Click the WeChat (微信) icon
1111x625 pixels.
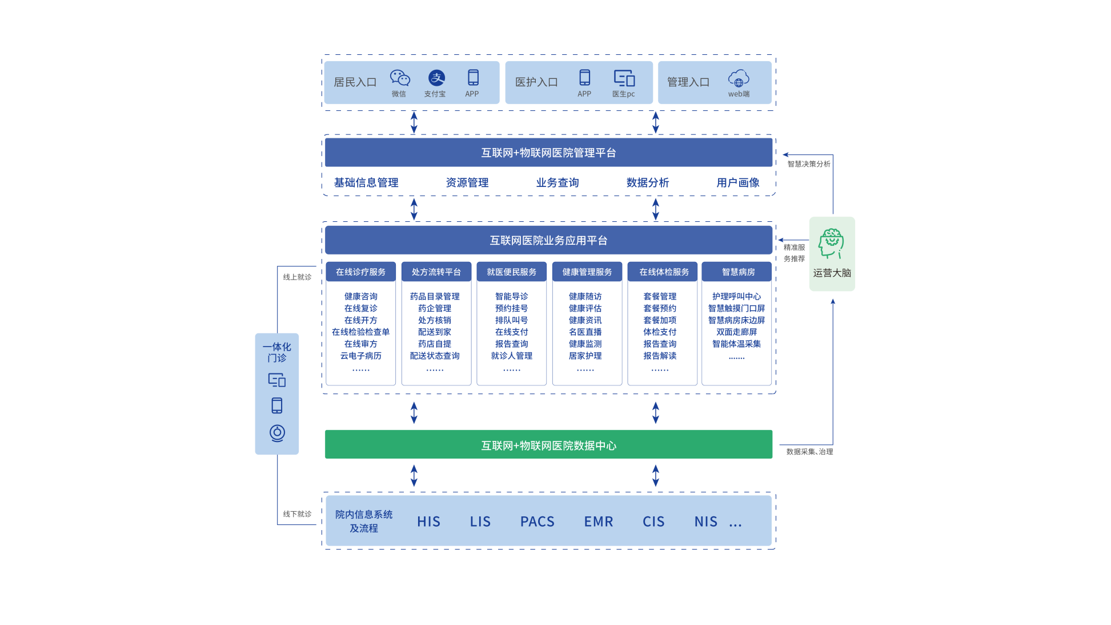coord(400,78)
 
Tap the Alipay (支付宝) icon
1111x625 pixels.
coord(436,78)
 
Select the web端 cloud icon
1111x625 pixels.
coord(739,78)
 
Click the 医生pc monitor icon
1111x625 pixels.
coord(624,78)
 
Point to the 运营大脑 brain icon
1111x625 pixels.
coord(831,244)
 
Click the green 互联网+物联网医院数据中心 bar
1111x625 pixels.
coord(548,444)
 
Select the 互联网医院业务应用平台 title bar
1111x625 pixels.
coord(548,240)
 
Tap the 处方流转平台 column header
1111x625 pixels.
coord(436,272)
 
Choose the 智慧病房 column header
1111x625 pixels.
coord(738,272)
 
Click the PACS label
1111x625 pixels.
coord(537,522)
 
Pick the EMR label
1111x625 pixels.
coord(598,522)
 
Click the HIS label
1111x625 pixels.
coord(428,522)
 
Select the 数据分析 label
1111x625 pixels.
coord(647,182)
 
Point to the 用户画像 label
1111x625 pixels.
coord(737,182)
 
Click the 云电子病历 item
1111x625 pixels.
coord(360,356)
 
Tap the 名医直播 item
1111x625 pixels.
coord(585,332)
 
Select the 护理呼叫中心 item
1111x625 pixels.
coord(736,296)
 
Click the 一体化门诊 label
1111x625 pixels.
coord(277,352)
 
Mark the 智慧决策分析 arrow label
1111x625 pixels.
coord(808,164)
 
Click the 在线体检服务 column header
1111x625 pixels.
coord(664,272)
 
